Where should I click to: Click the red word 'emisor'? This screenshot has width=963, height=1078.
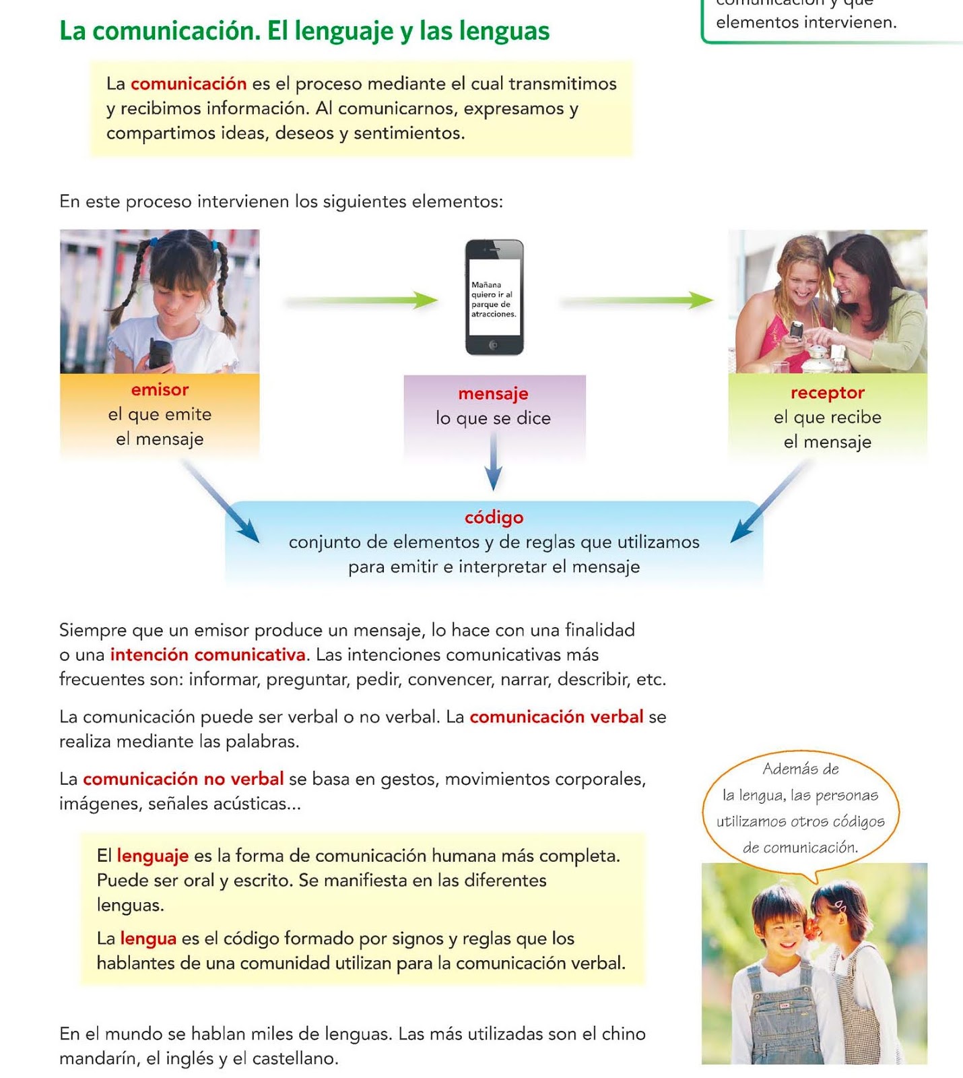coord(160,389)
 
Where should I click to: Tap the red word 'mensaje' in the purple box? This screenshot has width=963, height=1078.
coord(493,393)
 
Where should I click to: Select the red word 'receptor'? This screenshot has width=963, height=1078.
coord(827,392)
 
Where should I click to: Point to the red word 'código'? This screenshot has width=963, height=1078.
coord(494,517)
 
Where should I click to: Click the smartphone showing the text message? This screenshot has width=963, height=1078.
coord(494,297)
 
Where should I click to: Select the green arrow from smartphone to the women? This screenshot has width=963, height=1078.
coord(637,300)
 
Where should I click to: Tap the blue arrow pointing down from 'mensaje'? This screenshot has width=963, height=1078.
coord(494,462)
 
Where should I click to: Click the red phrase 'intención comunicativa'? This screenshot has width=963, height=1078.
coord(207,655)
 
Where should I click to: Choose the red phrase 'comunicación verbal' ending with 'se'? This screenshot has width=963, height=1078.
coord(556,717)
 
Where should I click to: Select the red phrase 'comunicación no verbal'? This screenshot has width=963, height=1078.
coord(183,779)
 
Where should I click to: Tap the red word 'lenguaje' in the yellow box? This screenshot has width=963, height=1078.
coord(152,856)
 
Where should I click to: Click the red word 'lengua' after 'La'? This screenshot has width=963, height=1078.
coord(148,939)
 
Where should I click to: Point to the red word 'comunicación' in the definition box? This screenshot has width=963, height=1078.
coord(189,84)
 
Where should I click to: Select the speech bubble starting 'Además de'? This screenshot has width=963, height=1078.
coord(800,808)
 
